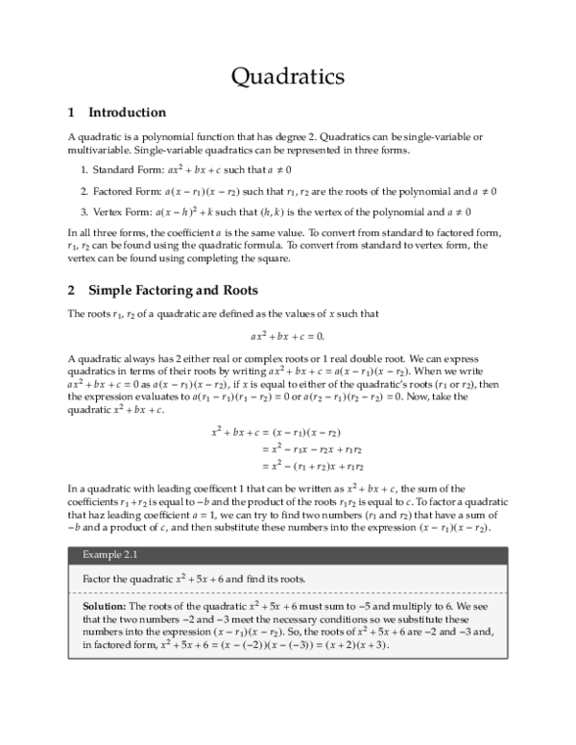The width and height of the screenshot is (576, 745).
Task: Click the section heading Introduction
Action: coord(127,112)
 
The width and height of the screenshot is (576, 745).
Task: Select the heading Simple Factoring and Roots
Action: coord(173,289)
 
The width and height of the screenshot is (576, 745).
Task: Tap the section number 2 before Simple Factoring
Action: coord(71,289)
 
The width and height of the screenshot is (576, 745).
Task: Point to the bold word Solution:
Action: coord(104,607)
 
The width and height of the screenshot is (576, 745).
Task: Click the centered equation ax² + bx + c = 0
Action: coord(288,336)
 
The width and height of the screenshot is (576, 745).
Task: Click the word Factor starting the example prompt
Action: coord(100,580)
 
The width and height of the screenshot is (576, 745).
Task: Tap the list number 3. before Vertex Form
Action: coord(84,211)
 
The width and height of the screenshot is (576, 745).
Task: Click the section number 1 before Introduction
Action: coord(71,112)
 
